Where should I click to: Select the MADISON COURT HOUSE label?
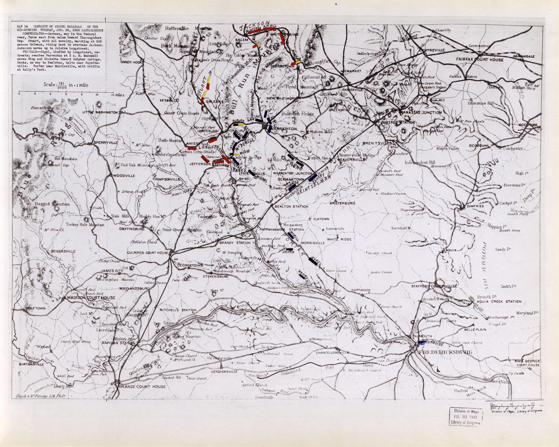pos(91,298)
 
